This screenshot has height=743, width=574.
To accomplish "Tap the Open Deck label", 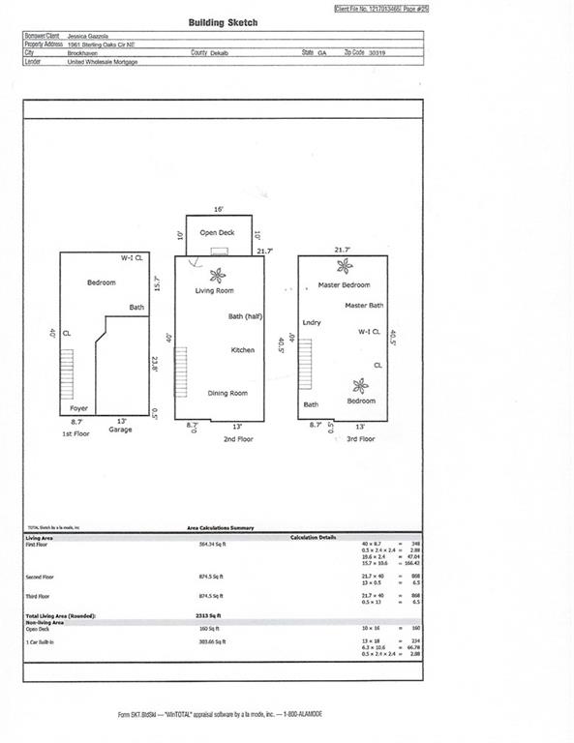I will (217, 233).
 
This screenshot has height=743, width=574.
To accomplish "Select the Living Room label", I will (215, 290).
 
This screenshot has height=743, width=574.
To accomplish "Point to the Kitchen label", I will (242, 349).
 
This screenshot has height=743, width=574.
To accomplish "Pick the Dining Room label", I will (227, 393).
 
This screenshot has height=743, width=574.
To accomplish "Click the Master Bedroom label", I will (344, 285).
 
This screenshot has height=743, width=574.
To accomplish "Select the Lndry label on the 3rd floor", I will (311, 322).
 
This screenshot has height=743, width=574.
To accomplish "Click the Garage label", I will (120, 430).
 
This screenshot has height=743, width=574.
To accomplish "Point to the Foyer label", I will (78, 408).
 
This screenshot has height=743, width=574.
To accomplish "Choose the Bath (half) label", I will (246, 316).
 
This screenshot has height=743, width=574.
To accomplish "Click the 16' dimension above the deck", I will (219, 209).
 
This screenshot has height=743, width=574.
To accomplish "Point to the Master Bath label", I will (364, 306).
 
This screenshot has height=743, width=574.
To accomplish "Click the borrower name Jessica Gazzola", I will (90, 36).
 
